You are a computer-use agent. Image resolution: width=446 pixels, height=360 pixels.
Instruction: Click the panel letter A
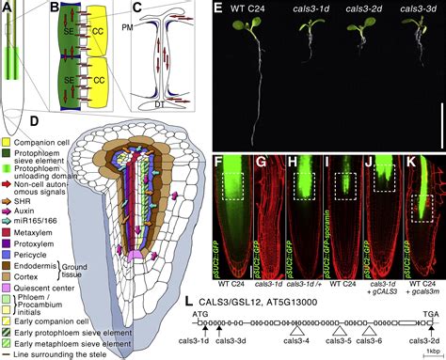click(x=7, y=8)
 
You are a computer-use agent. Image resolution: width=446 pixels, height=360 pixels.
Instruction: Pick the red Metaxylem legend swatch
click(x=7, y=202)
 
